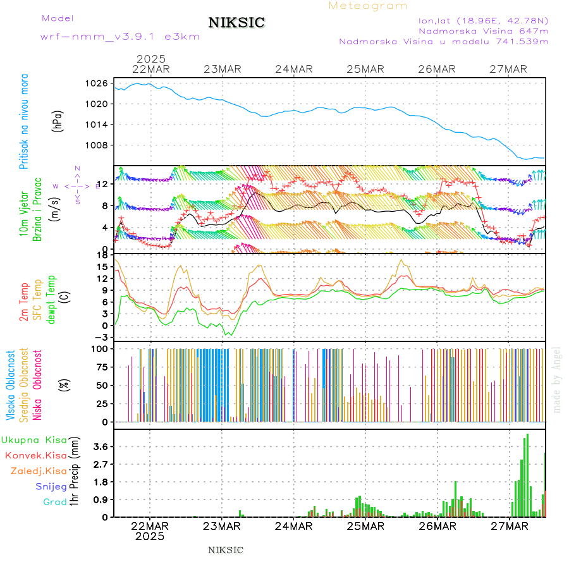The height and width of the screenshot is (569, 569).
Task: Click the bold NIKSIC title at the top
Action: tap(236, 23)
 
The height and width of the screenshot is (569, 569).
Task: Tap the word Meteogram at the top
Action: tap(368, 6)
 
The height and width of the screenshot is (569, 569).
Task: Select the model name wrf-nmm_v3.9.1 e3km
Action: tap(120, 37)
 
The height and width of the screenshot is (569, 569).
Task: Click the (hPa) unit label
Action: tap(59, 120)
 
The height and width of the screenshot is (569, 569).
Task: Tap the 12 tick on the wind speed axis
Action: tap(103, 184)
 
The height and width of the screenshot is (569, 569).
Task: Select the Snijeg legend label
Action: tap(51, 487)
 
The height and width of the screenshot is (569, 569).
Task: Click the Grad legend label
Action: tap(54, 503)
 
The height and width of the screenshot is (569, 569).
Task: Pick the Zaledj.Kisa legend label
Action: tap(39, 471)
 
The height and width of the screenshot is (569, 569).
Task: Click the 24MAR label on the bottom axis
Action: tap(294, 526)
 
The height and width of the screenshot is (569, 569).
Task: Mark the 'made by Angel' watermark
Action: tap(557, 379)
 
